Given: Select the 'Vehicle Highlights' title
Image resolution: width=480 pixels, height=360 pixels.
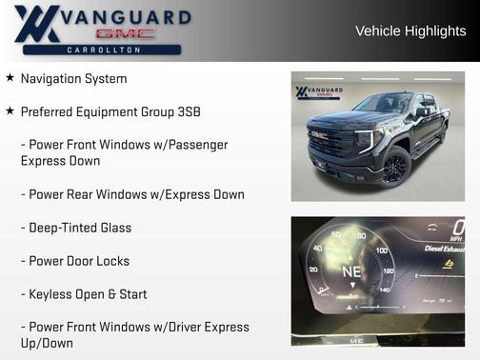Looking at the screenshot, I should coord(410,30).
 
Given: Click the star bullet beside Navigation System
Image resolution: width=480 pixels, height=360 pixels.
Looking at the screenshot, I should coord(10,78).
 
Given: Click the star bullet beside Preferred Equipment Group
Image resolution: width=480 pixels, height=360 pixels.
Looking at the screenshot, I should coord(10,111).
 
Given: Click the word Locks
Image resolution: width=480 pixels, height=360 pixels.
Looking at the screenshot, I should coord(111,261).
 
